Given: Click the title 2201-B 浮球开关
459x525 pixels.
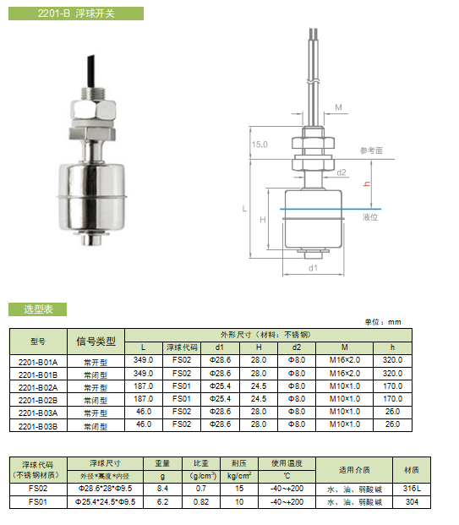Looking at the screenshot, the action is [76, 14].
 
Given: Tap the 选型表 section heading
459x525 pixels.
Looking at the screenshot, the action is [38, 309].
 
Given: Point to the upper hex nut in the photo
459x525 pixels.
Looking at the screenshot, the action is [94, 110].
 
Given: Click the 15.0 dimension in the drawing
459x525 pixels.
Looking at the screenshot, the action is [260, 145].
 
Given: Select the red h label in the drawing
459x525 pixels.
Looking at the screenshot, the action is [367, 183].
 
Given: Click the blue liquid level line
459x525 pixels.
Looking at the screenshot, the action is [331, 210].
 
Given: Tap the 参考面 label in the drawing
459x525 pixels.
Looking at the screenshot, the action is [371, 150].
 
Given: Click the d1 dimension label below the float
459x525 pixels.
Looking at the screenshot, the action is [313, 268].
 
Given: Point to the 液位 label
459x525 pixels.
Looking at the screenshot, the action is [370, 217].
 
